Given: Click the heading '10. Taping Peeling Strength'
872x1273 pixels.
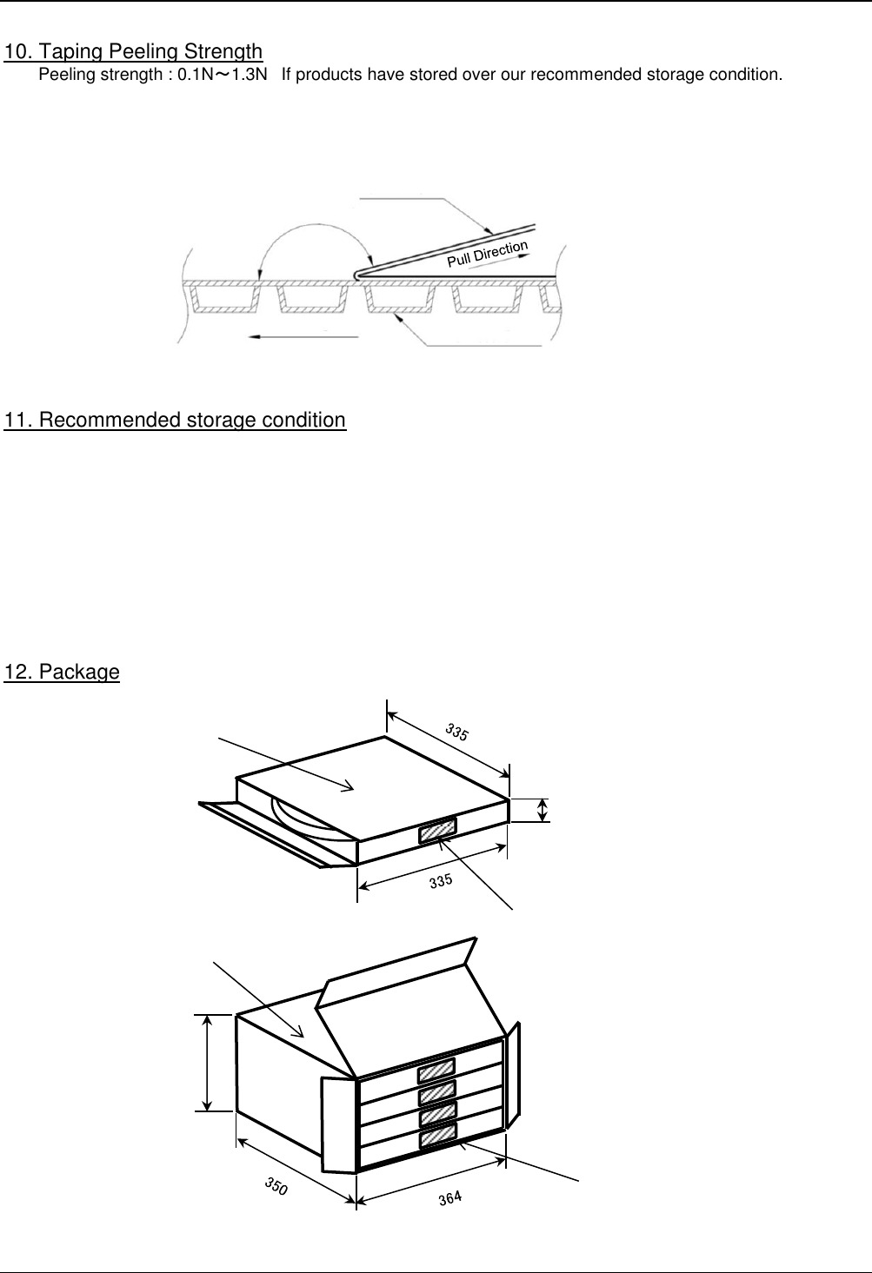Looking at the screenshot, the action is [x=133, y=52].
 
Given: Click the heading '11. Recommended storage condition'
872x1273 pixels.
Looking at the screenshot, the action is [x=175, y=420].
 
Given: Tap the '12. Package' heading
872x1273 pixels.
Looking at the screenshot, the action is [x=62, y=672].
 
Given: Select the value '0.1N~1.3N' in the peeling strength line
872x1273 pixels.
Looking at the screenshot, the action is [x=223, y=75].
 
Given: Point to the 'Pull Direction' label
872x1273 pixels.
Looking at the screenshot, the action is [x=488, y=254].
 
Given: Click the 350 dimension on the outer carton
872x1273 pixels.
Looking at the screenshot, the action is [x=276, y=1186].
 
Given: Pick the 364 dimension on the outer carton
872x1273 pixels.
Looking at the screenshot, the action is [x=450, y=1198].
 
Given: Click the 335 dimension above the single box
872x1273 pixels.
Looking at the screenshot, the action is [x=457, y=732].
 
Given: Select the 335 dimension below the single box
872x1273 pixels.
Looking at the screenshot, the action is [x=441, y=881].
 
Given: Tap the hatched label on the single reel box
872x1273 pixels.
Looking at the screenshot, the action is [x=437, y=831].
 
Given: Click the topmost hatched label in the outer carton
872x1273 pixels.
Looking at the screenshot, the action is [x=436, y=1071].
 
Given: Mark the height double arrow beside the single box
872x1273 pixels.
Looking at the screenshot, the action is [x=543, y=810].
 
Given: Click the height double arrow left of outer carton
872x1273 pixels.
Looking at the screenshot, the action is [x=207, y=1063].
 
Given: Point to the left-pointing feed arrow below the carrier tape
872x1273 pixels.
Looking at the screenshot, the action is [x=303, y=337].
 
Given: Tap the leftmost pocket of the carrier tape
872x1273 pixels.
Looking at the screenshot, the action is [x=224, y=298].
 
